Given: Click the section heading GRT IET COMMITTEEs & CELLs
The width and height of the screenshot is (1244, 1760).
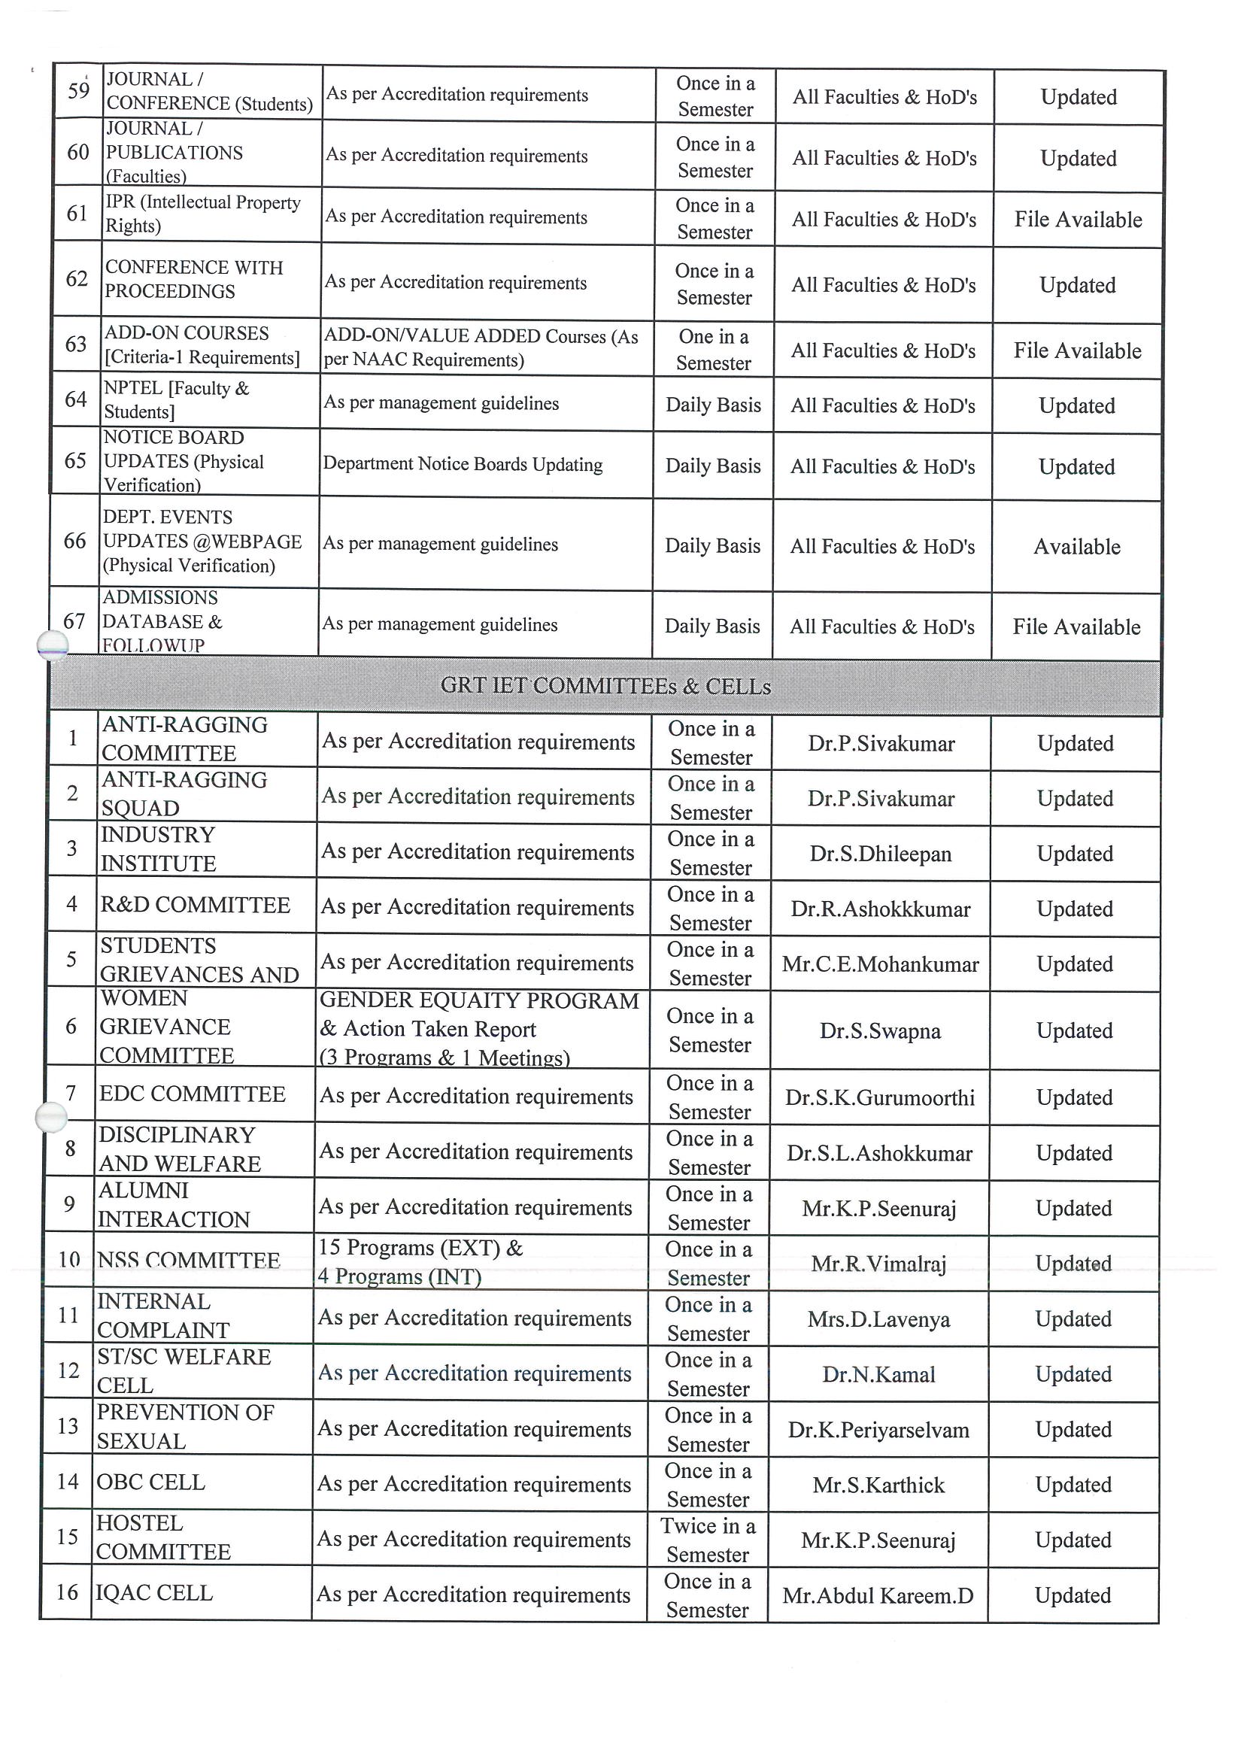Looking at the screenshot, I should pos(605,685).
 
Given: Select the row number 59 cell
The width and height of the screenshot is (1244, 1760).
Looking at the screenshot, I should pos(78,91).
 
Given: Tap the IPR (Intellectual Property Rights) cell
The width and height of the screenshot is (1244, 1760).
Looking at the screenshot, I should pos(202,214).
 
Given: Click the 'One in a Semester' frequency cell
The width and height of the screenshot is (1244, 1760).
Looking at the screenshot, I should pos(714,350).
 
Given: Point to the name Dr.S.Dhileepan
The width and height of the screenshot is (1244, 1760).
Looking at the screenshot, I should pos(880,854).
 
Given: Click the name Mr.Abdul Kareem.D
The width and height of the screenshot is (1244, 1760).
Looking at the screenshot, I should pos(878,1596).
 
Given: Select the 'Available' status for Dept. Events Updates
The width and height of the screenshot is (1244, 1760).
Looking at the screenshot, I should pos(1076,547).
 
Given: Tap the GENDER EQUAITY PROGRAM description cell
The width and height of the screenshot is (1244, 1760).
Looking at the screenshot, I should pos(480,1029).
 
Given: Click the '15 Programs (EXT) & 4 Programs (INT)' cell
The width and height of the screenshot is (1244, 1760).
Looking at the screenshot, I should pos(420,1262).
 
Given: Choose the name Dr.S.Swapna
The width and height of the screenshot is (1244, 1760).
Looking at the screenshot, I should pos(880,1031).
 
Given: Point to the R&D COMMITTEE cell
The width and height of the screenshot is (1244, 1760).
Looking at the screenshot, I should pos(195,906).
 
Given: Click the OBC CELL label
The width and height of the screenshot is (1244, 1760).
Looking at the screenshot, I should pos(150,1482).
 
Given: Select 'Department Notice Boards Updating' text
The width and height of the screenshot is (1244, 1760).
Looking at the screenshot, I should pos(463,465).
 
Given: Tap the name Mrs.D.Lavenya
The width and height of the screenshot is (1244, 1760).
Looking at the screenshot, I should pos(878,1319).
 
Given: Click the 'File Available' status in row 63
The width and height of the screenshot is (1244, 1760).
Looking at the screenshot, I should pos(1077,351).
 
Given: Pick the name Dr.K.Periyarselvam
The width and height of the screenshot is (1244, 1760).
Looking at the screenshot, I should pos(878,1431).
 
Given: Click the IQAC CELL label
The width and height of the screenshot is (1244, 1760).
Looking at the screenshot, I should pos(153,1593).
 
